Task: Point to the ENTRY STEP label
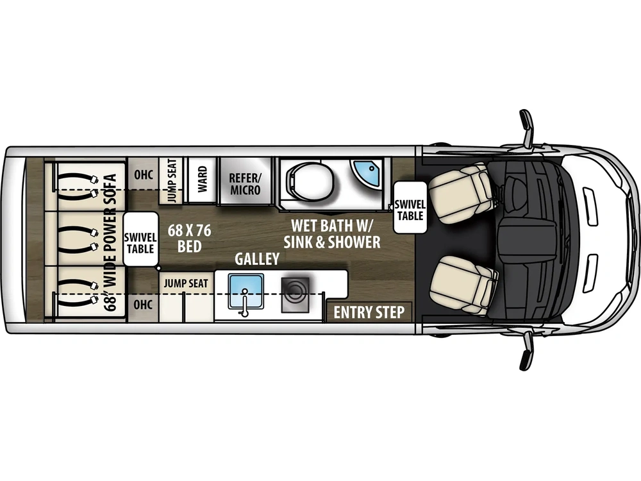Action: pos(369,312)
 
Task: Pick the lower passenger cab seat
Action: pos(463,284)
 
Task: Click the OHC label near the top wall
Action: pos(143,174)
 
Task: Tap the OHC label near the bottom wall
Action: pos(143,305)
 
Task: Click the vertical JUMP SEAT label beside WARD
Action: pos(172,181)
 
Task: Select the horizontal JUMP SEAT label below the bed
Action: pos(185,283)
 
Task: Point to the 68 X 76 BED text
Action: pos(190,237)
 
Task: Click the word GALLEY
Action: pos(256,259)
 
